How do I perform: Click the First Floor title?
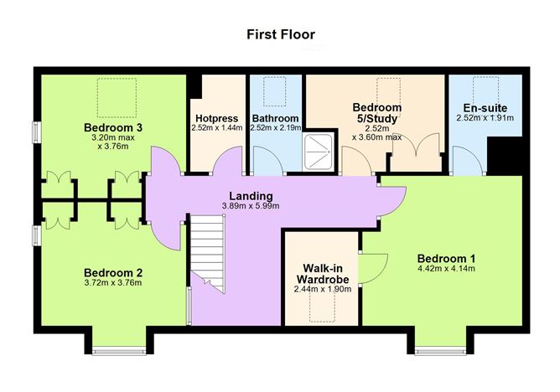point(281,34)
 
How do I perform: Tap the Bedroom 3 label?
point(113,127)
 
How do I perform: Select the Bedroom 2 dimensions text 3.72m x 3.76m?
point(113,283)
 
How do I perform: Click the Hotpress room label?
point(217,118)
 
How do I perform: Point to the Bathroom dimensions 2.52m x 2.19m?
point(276,127)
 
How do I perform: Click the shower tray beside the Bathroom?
point(319,152)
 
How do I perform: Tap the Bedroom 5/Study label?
point(377,113)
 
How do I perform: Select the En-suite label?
point(485,108)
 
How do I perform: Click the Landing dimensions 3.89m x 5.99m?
point(251,206)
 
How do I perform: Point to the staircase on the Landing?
point(208,254)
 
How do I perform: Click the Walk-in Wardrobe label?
point(323,273)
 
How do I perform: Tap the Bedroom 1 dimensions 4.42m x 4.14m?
point(446,269)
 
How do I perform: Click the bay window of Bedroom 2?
point(119,352)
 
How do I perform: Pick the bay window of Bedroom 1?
point(440,352)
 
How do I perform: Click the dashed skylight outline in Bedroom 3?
point(117,98)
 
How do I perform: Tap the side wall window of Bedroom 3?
point(36,132)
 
